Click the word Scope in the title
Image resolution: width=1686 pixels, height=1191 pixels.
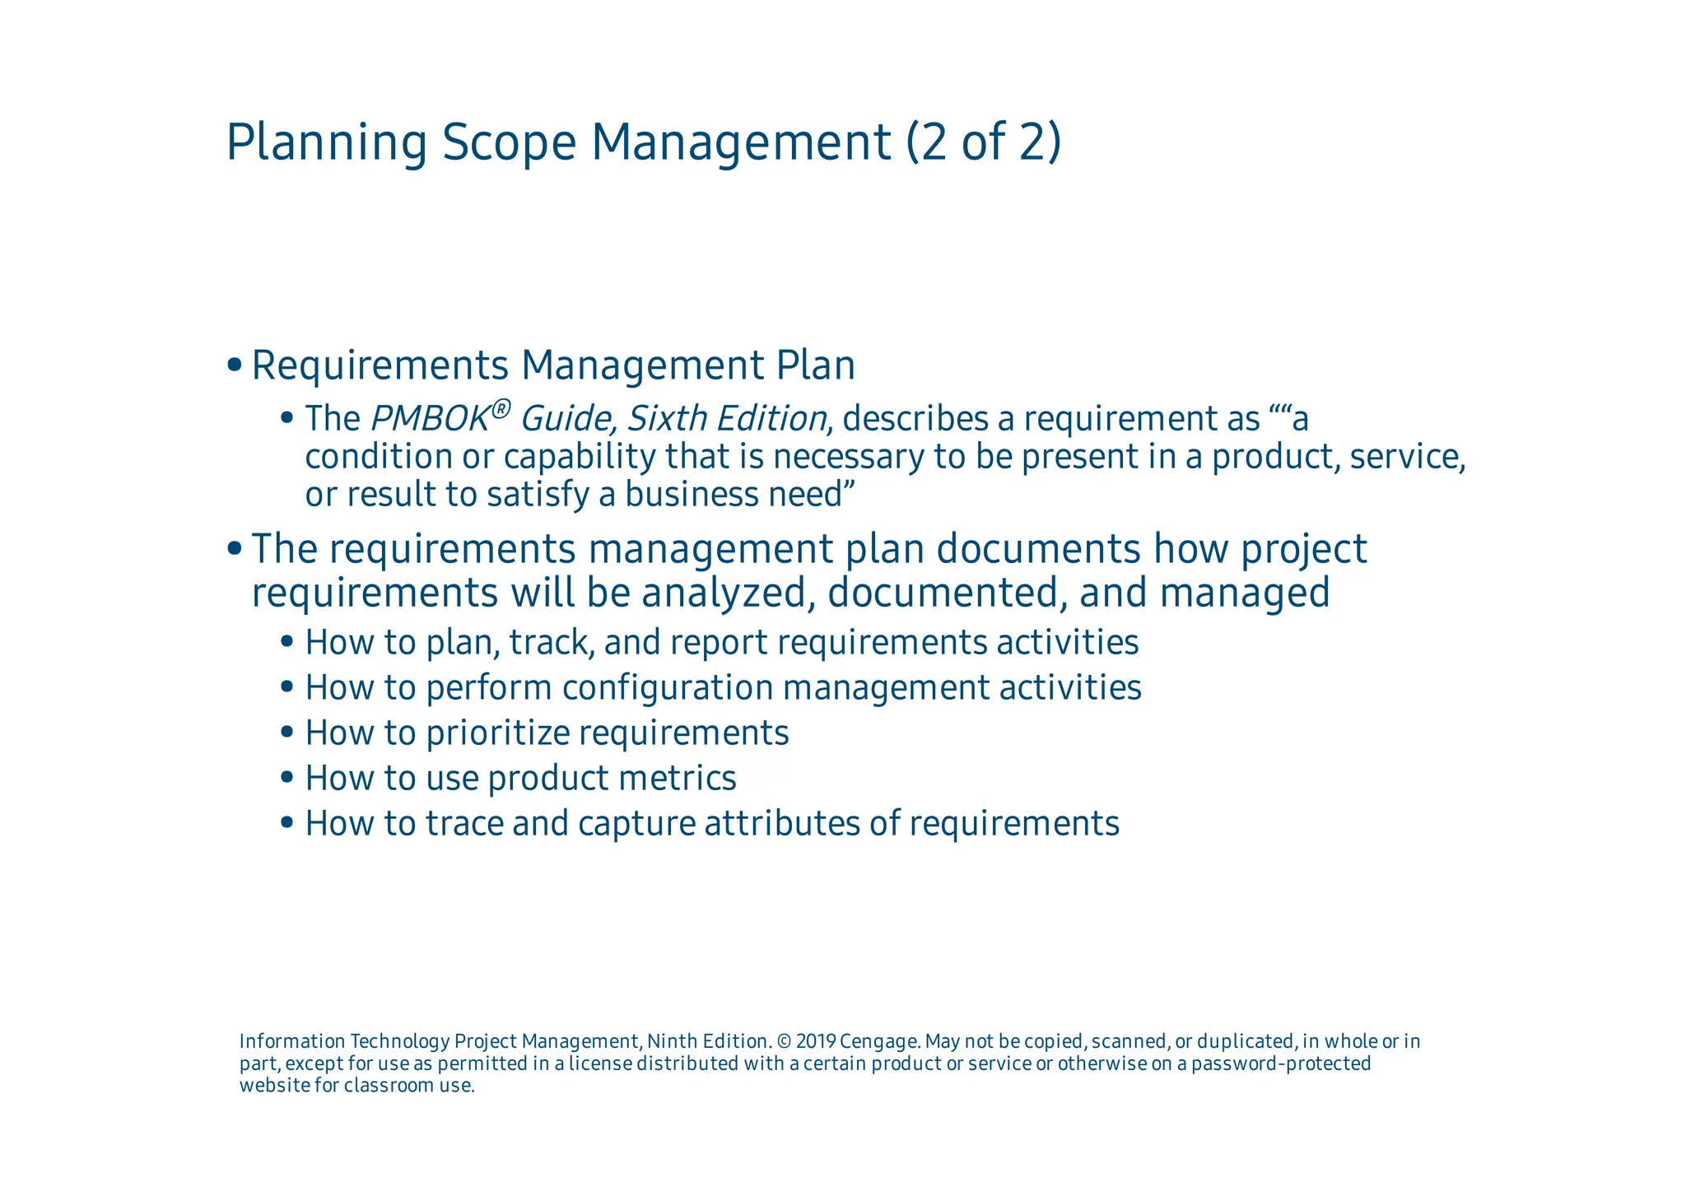click(509, 142)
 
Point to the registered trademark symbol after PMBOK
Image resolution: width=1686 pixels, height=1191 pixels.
click(501, 407)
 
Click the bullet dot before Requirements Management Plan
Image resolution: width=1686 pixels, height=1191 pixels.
click(235, 365)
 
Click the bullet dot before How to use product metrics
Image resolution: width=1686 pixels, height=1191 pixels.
click(286, 777)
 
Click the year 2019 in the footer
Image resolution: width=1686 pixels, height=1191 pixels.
click(816, 1042)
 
